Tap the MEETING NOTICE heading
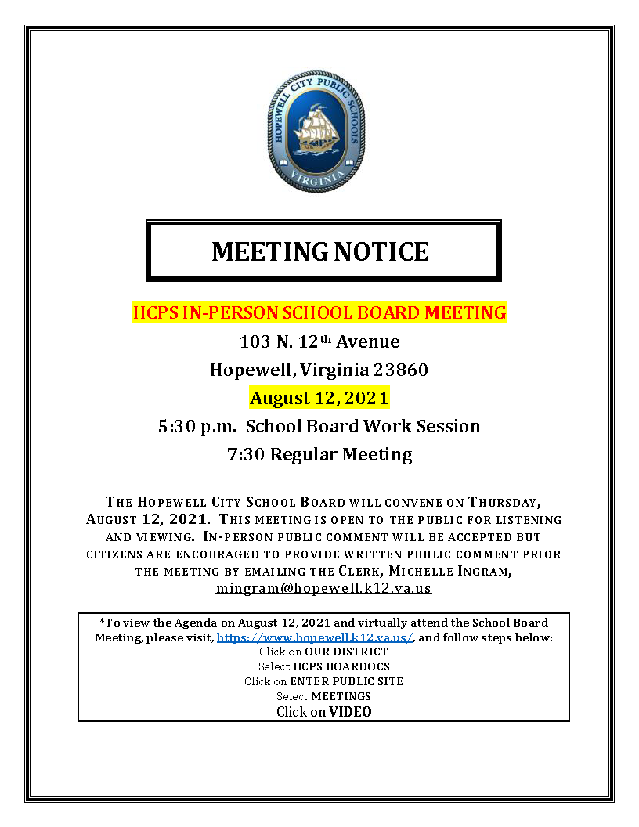click(320, 251)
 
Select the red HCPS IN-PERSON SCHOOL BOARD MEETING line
click(319, 313)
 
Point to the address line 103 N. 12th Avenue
click(319, 342)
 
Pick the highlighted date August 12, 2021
click(319, 398)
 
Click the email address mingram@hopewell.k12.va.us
click(323, 587)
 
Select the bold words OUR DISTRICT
click(347, 652)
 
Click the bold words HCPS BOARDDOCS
click(347, 666)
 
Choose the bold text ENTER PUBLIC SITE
click(347, 681)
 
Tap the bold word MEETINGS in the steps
click(341, 696)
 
